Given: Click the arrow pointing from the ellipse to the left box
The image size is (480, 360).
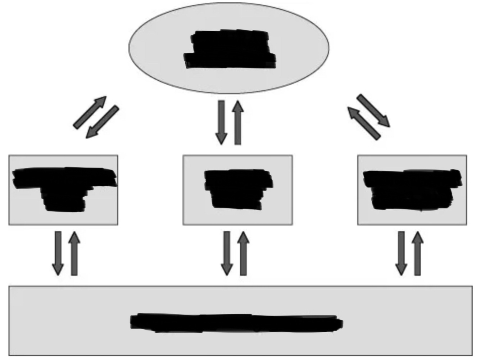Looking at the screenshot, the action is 103,122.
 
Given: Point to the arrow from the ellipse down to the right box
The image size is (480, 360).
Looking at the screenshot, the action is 373,111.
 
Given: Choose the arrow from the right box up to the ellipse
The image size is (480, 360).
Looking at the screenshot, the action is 363,123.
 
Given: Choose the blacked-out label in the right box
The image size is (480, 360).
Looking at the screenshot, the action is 412,189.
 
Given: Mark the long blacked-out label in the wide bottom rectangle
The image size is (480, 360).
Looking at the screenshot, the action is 236,322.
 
